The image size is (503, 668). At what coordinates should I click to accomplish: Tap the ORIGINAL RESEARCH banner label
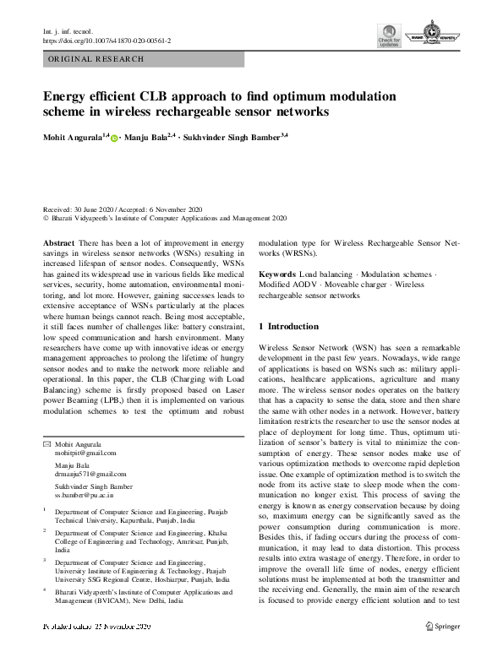pos(96,59)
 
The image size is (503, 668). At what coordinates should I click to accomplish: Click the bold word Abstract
pos(57,242)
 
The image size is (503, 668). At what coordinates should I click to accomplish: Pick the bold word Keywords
pos(277,275)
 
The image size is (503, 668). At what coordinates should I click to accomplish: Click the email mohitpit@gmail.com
pos(84,453)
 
